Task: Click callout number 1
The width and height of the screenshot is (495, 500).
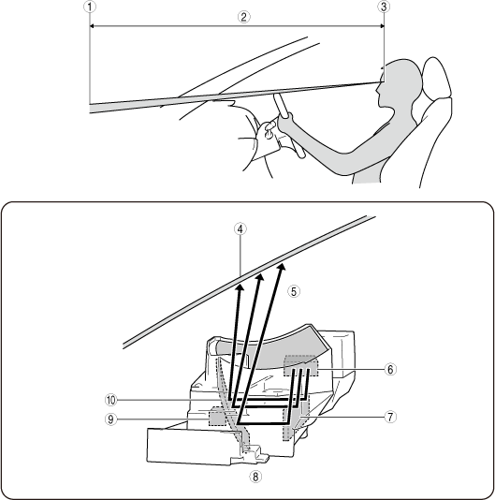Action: [x=90, y=7]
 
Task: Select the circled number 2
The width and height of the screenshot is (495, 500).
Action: [x=244, y=17]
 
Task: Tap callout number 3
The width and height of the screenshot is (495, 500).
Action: [x=384, y=7]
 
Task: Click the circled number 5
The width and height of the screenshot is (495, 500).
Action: [x=294, y=291]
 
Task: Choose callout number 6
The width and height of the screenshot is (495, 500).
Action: [x=390, y=369]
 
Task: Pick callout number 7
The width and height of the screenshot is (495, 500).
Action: [x=390, y=417]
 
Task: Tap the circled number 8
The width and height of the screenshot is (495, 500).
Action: [x=255, y=477]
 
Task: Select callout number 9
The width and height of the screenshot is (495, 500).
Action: [x=111, y=419]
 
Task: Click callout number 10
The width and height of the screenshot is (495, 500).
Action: [x=111, y=400]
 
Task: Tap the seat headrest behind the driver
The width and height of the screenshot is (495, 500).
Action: [x=436, y=78]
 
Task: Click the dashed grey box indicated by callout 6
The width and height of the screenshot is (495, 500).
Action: [x=301, y=366]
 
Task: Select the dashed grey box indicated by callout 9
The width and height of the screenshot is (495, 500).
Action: [x=217, y=416]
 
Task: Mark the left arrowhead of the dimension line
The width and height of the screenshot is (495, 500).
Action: [x=92, y=26]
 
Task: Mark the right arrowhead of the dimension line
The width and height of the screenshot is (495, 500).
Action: [x=382, y=26]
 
